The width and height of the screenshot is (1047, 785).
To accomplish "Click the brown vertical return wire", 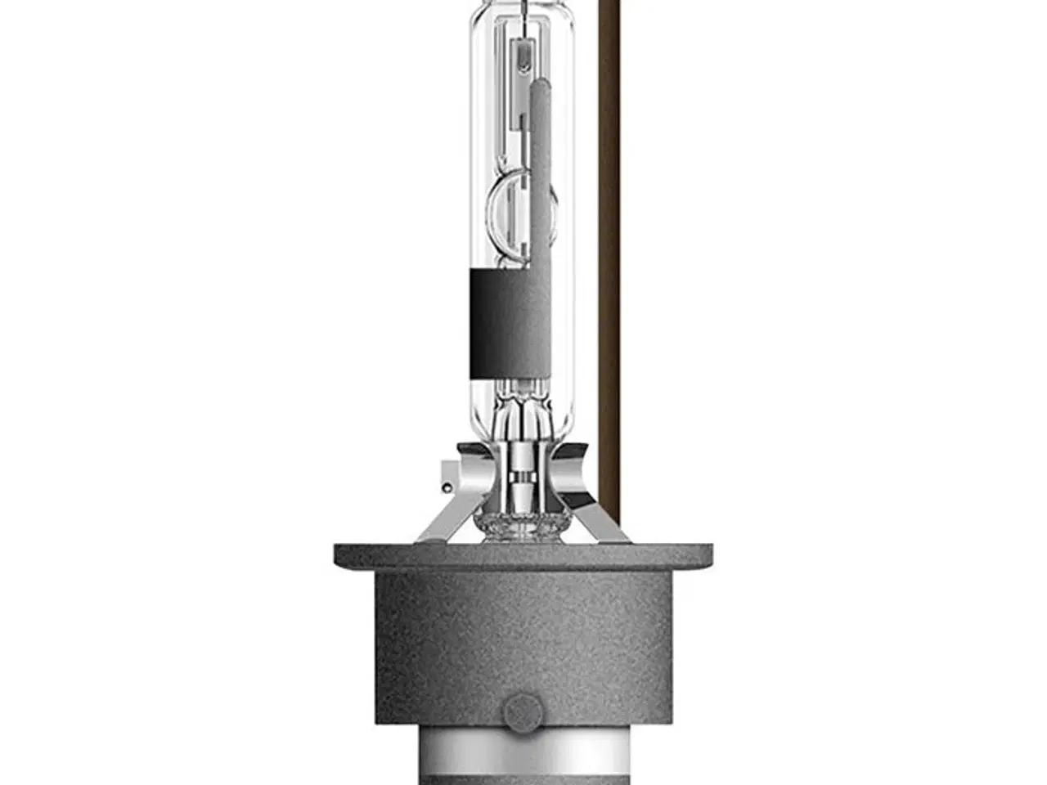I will [x=609, y=245].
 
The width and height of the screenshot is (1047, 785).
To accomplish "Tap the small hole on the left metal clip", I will [x=446, y=488].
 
